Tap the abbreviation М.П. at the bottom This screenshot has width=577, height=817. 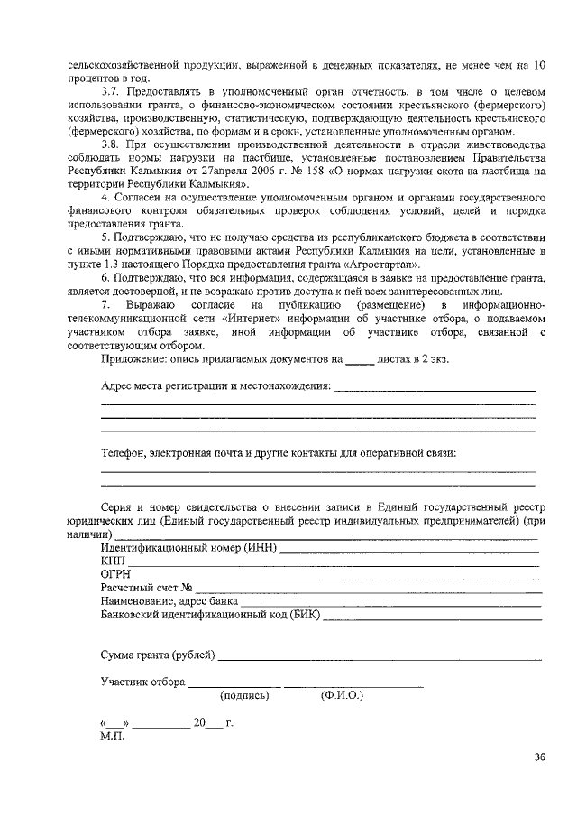[x=114, y=736]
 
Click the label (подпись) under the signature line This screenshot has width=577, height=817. [x=244, y=696]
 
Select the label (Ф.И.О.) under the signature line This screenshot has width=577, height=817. [x=341, y=696]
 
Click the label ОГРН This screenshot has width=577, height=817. [x=117, y=574]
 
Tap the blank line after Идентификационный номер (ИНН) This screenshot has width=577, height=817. [x=409, y=548]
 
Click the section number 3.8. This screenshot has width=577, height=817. [x=111, y=144]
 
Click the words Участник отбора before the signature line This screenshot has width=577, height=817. [x=142, y=682]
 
